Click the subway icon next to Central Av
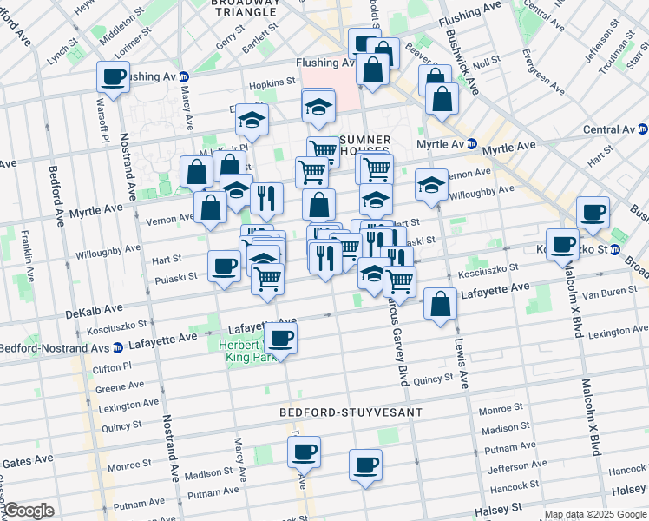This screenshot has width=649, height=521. [x=641, y=130]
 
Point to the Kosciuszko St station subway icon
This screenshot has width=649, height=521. [x=615, y=250]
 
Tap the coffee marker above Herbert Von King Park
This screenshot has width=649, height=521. [x=280, y=337]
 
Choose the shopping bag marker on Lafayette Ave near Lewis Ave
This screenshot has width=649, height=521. [x=441, y=304]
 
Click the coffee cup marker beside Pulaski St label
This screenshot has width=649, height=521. [x=224, y=265]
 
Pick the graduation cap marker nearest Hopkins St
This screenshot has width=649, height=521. [x=252, y=119]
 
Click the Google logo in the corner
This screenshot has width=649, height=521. [x=28, y=511]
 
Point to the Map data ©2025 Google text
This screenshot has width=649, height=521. [x=594, y=514]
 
